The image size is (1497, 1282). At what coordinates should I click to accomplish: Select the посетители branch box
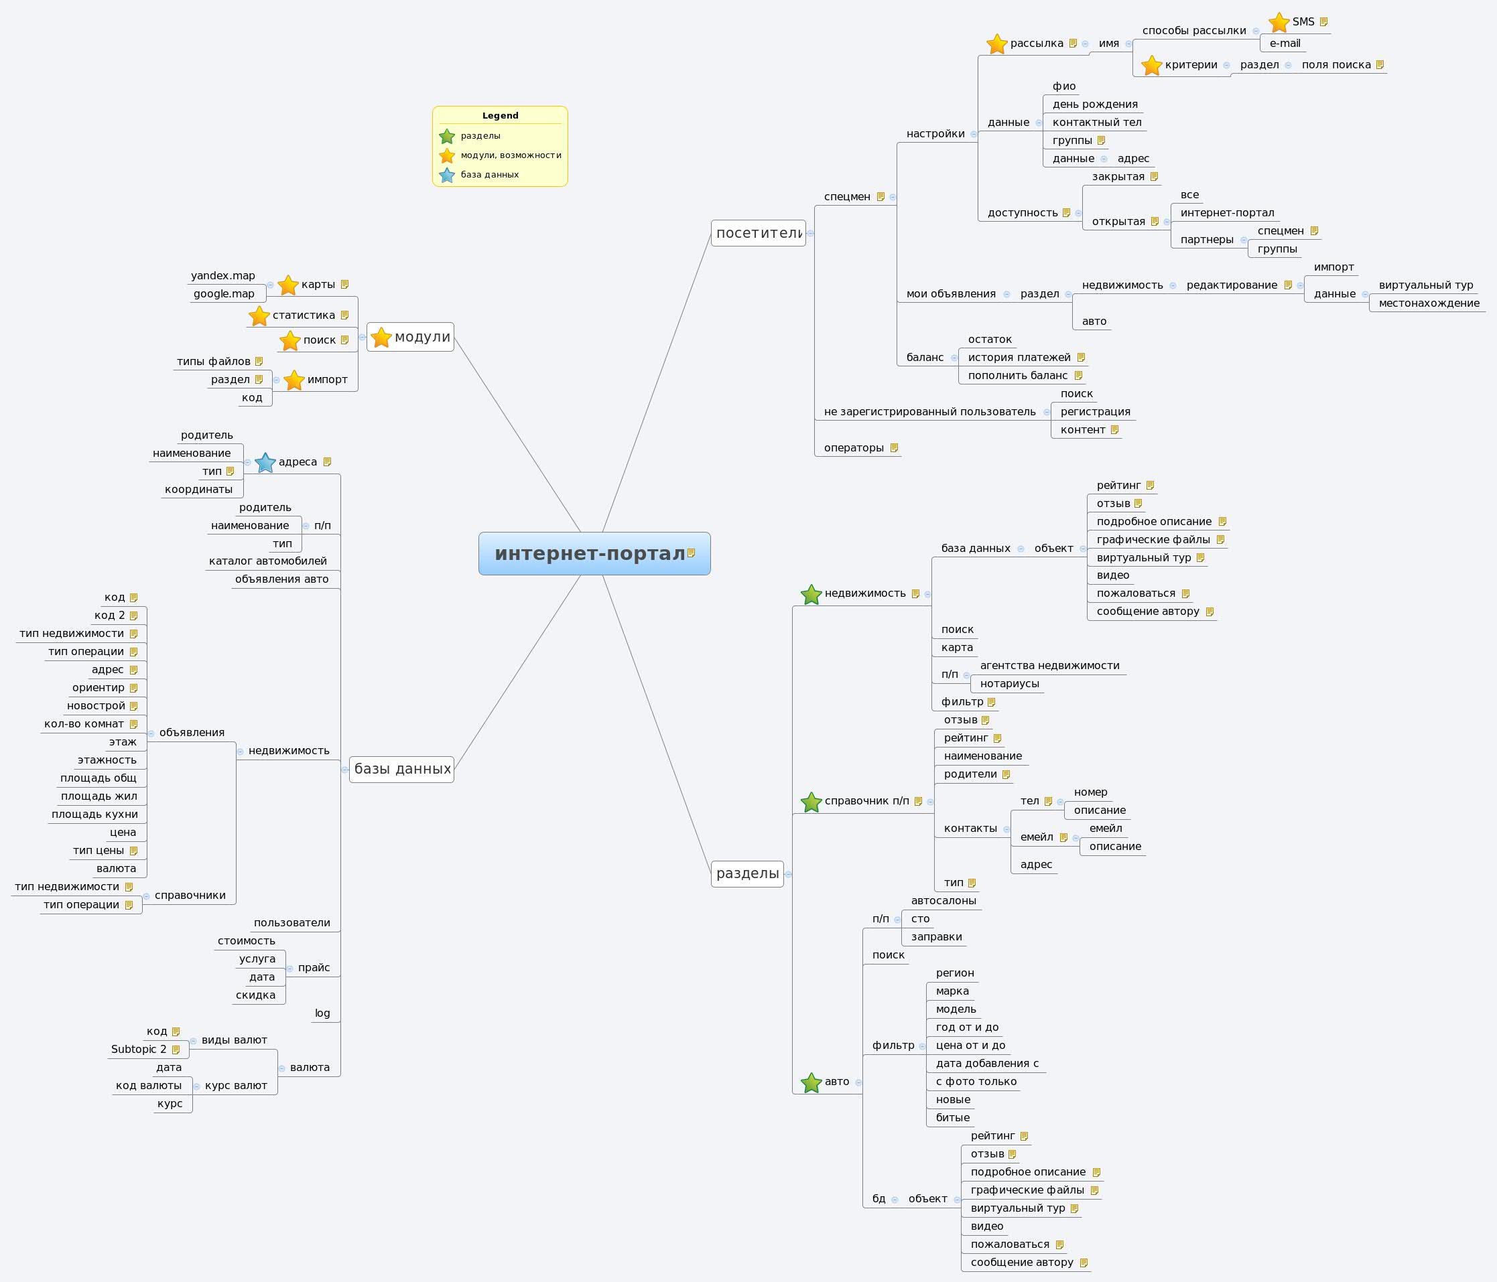[758, 233]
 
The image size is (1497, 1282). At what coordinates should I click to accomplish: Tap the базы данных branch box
[401, 769]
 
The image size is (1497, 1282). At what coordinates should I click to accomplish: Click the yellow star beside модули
[381, 338]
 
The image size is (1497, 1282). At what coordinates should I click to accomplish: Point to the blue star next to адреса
[265, 462]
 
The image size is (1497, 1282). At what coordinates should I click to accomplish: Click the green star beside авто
[811, 1082]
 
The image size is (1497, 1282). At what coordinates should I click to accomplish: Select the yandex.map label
[222, 276]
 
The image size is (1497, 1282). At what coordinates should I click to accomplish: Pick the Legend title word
[500, 116]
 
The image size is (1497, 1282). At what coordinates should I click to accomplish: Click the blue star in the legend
[447, 175]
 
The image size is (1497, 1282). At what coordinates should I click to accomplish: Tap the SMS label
[1303, 21]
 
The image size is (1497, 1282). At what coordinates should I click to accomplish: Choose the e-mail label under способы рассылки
[1285, 44]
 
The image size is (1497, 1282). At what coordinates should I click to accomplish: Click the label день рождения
[1094, 104]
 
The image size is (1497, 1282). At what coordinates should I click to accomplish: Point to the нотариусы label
[1009, 683]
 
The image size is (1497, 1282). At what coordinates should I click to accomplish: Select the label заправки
[936, 937]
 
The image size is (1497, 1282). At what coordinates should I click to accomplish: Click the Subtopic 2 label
[139, 1049]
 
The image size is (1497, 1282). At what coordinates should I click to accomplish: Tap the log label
[322, 1013]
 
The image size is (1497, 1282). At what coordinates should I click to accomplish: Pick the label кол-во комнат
[84, 723]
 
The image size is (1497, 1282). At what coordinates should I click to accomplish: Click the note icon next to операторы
[894, 448]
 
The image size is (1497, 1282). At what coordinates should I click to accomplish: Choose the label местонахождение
[1429, 303]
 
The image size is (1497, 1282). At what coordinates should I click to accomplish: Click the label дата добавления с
[987, 1063]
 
